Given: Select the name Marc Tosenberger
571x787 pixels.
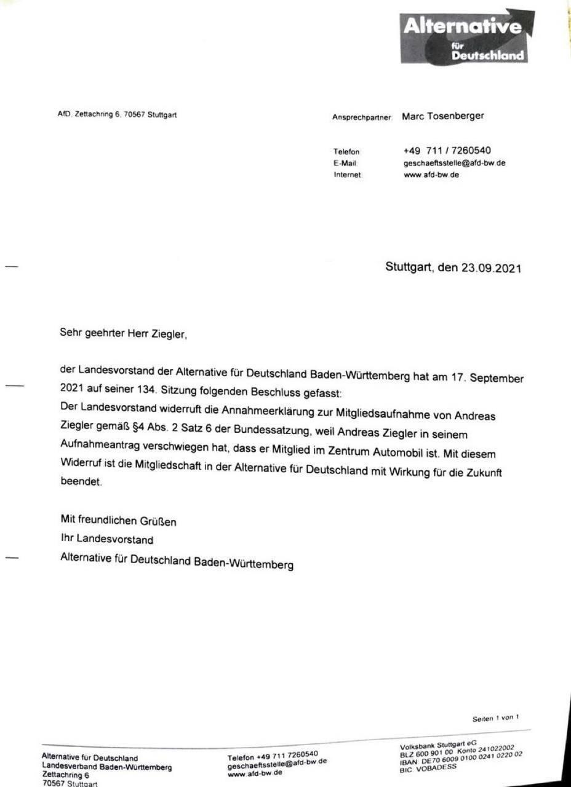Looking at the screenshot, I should click(442, 116).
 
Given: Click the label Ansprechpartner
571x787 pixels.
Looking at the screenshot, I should click(362, 117).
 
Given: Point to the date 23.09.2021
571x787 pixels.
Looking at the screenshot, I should click(491, 267).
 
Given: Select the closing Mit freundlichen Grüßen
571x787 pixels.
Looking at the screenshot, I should click(118, 521).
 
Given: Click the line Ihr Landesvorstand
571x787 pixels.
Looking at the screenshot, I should click(106, 540).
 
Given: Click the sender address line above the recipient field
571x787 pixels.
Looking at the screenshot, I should click(117, 114).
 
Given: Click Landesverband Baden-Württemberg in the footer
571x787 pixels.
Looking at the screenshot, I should click(106, 767).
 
